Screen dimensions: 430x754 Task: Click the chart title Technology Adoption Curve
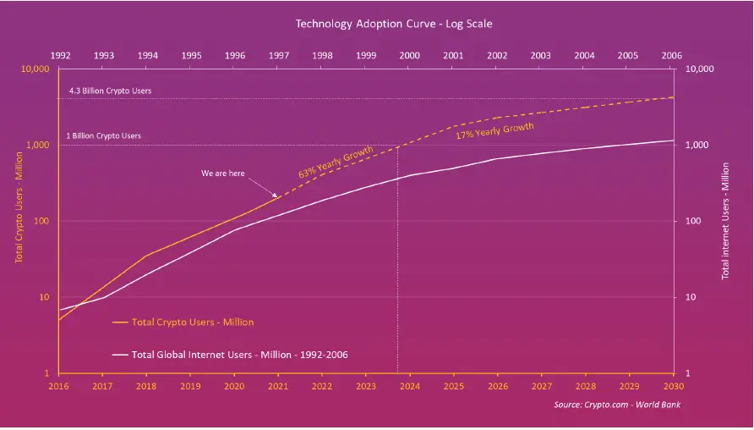click(376, 24)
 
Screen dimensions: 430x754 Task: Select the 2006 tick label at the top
click(672, 55)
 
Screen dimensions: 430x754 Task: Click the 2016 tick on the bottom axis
click(58, 386)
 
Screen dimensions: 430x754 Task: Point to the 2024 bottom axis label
click(409, 386)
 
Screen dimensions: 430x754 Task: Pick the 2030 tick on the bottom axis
click(672, 386)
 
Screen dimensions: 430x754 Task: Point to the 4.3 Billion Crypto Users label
click(110, 91)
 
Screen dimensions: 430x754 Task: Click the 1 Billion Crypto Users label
click(103, 135)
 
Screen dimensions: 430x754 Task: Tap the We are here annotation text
click(223, 174)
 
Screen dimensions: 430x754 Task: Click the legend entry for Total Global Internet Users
click(240, 355)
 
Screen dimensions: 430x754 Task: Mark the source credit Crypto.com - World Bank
click(617, 405)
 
